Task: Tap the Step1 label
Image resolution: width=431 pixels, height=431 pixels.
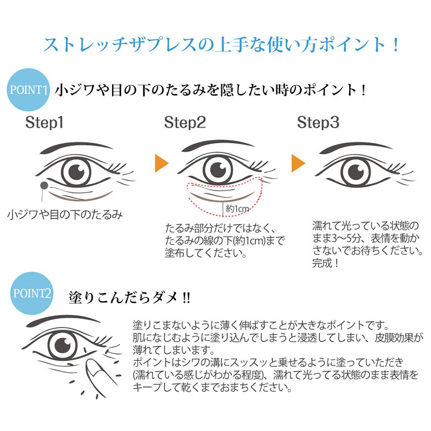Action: click(45, 123)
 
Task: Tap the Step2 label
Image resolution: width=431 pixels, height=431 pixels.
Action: click(185, 123)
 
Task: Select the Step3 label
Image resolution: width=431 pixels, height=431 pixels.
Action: click(318, 123)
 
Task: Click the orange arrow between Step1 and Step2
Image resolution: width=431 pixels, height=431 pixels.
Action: click(159, 163)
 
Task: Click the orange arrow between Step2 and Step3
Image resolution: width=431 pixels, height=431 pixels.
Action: click(298, 163)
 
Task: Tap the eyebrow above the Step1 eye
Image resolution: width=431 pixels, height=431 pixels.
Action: click(75, 145)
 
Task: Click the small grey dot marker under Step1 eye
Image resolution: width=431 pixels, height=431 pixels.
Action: click(43, 186)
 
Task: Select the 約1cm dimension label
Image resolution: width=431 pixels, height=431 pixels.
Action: click(237, 207)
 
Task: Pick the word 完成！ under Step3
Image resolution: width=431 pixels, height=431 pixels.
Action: click(326, 264)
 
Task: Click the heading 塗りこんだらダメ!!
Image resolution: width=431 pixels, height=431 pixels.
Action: click(129, 297)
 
